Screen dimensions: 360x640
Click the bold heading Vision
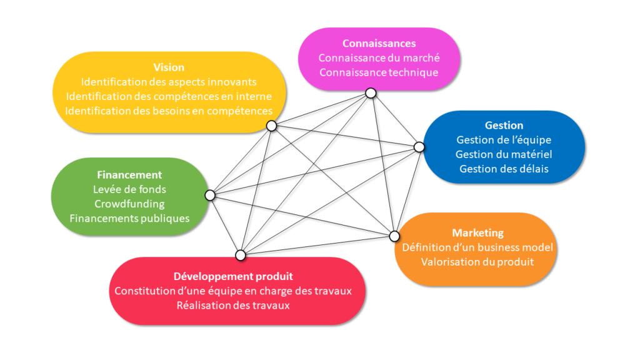coord(169,67)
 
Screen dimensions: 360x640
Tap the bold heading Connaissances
coord(379,44)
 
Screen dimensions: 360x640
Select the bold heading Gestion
coord(504,126)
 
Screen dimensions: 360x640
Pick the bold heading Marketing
coord(477,233)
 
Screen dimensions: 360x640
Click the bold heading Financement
coord(129,175)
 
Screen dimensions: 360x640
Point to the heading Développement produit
coord(233,276)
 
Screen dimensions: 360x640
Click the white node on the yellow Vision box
coord(271,126)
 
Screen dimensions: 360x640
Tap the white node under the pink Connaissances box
coord(371,93)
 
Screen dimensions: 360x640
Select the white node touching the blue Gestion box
coord(419,147)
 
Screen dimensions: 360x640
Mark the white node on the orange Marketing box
coord(394,236)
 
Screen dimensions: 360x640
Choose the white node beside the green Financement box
coord(210,196)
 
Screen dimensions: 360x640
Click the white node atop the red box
coord(241,254)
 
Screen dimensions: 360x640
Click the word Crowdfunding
coord(129,204)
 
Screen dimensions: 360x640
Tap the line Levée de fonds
coord(129,189)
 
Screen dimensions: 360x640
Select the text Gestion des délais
coord(504,169)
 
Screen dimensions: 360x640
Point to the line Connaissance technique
coord(379,72)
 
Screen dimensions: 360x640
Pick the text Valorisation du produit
coord(477,262)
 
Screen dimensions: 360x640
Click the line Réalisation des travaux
coord(233,306)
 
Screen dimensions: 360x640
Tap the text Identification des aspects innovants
coord(169,82)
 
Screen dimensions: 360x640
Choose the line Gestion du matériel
coord(504,154)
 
